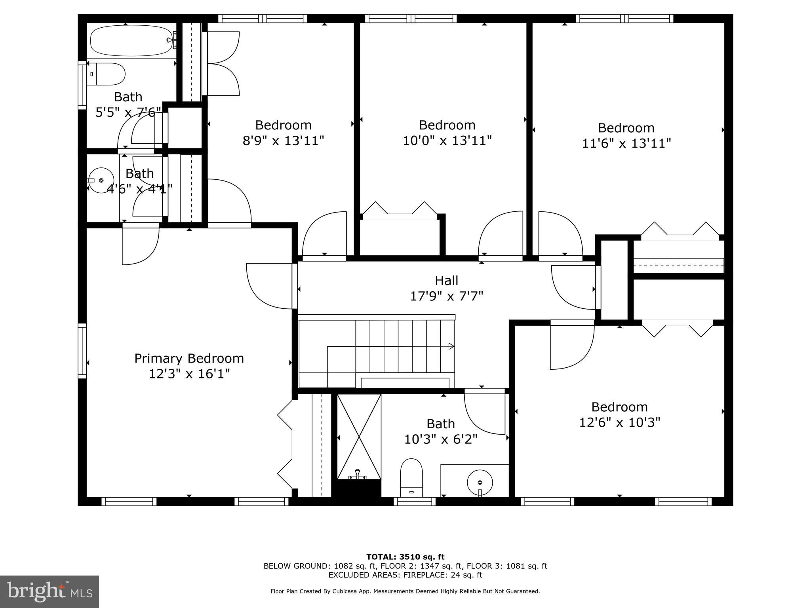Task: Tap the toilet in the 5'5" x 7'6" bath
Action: click(x=106, y=74)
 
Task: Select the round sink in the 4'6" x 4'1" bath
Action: click(x=101, y=180)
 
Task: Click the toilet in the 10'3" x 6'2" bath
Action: click(x=411, y=477)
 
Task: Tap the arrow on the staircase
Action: click(x=451, y=346)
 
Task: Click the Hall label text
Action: click(x=447, y=281)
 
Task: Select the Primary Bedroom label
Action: click(x=189, y=359)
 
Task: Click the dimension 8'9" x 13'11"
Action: click(x=284, y=141)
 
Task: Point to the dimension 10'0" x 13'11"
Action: click(x=447, y=141)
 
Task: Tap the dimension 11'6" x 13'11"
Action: click(x=626, y=143)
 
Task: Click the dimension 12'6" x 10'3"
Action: click(x=619, y=422)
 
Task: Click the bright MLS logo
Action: click(x=49, y=592)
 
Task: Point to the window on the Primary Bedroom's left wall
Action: click(x=82, y=351)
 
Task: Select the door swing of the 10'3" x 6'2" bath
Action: click(x=484, y=414)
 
